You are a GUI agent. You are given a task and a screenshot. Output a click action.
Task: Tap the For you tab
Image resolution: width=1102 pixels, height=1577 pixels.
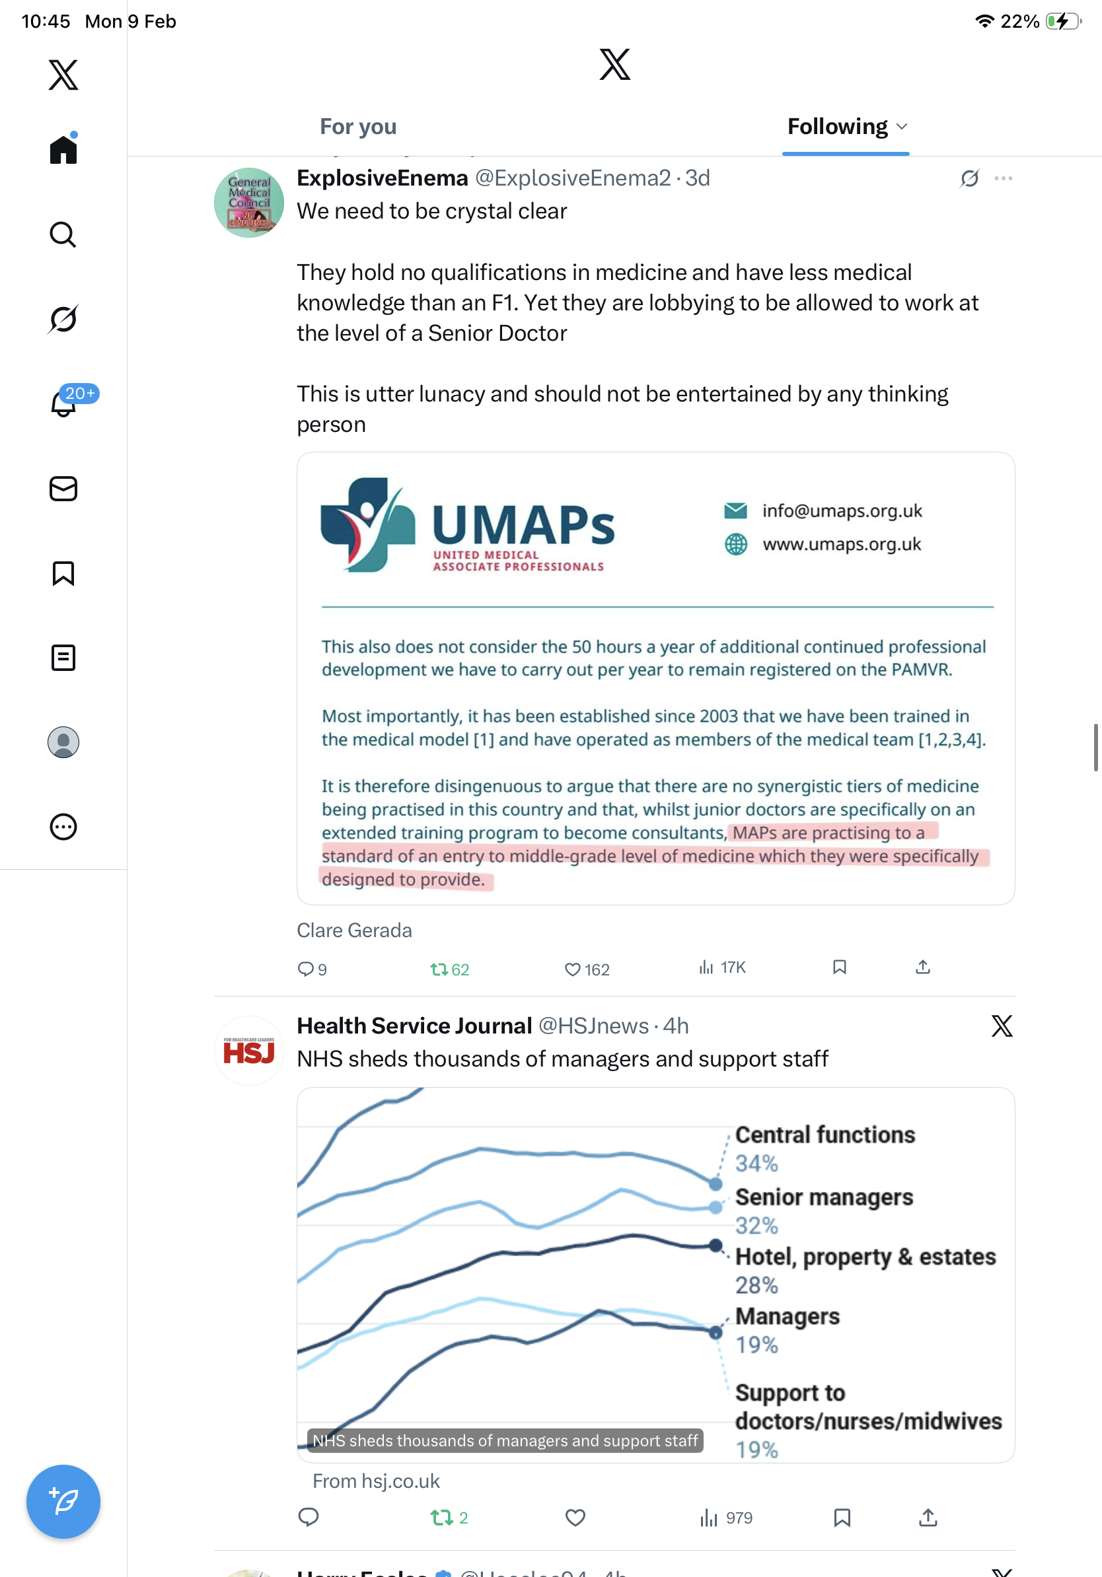pyautogui.click(x=358, y=127)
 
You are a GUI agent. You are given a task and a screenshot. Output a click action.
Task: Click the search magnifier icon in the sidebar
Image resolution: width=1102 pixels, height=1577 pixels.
pyautogui.click(x=63, y=235)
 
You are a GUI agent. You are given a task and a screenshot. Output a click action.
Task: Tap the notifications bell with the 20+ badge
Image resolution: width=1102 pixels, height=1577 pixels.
pyautogui.click(x=64, y=403)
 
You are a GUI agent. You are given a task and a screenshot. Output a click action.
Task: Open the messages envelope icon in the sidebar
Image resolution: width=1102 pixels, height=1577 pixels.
pyautogui.click(x=63, y=489)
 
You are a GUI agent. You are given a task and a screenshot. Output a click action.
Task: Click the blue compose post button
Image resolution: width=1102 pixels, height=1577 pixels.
pyautogui.click(x=63, y=1502)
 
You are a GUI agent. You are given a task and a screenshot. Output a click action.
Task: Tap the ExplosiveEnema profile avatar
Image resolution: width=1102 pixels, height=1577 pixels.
pyautogui.click(x=248, y=203)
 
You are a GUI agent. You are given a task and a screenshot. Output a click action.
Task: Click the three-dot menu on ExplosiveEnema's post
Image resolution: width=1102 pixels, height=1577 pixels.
pyautogui.click(x=1003, y=178)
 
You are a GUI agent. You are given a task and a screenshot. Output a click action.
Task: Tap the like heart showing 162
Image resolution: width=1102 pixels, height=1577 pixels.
pyautogui.click(x=573, y=969)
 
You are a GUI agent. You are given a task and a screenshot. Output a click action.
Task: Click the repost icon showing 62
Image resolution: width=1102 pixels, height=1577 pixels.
pyautogui.click(x=439, y=969)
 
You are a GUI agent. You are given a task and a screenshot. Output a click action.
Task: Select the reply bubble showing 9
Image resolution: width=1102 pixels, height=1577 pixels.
pyautogui.click(x=306, y=969)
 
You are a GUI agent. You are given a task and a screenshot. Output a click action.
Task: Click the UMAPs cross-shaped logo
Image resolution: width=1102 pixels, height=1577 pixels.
pyautogui.click(x=367, y=526)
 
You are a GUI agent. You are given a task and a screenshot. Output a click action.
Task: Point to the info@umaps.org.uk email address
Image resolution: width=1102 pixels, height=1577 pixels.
pyautogui.click(x=842, y=511)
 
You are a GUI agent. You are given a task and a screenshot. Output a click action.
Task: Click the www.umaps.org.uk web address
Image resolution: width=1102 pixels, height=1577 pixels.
pyautogui.click(x=842, y=545)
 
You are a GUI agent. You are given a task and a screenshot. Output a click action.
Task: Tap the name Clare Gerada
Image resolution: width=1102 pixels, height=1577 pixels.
pyautogui.click(x=355, y=930)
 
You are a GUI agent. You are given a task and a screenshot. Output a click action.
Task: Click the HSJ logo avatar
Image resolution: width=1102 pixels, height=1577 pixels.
pyautogui.click(x=248, y=1051)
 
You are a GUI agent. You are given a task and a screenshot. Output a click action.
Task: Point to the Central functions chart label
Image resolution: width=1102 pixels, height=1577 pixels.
pyautogui.click(x=825, y=1135)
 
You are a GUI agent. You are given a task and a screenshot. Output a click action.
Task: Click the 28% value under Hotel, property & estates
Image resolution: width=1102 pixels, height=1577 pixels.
pyautogui.click(x=756, y=1285)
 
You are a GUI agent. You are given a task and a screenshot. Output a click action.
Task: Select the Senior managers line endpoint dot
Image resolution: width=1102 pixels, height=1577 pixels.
pyautogui.click(x=716, y=1207)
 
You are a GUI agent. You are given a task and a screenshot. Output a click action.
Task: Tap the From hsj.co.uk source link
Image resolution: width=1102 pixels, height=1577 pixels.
pyautogui.click(x=376, y=1481)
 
